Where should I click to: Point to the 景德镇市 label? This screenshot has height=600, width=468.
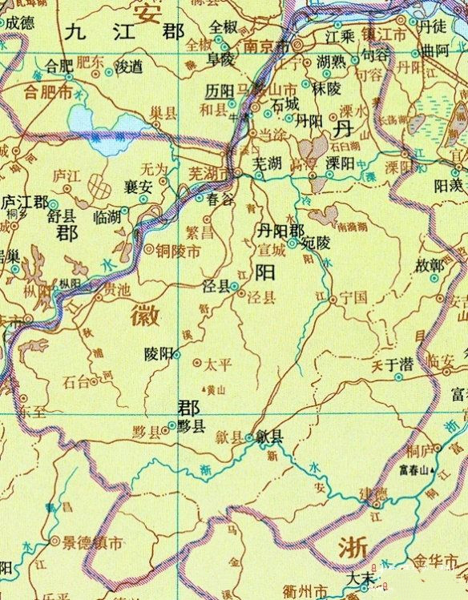94,542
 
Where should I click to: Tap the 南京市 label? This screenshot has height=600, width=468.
268,46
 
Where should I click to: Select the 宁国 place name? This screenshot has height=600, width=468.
353,296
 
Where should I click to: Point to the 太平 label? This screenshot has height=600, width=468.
216,364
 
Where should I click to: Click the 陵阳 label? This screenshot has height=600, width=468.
158,353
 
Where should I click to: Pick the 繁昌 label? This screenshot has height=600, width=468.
200,233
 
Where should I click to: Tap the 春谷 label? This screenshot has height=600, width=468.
220,195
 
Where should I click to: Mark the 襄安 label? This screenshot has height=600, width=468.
139,184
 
